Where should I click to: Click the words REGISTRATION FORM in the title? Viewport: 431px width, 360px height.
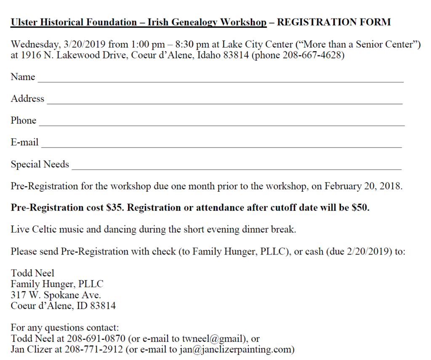point(334,22)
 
